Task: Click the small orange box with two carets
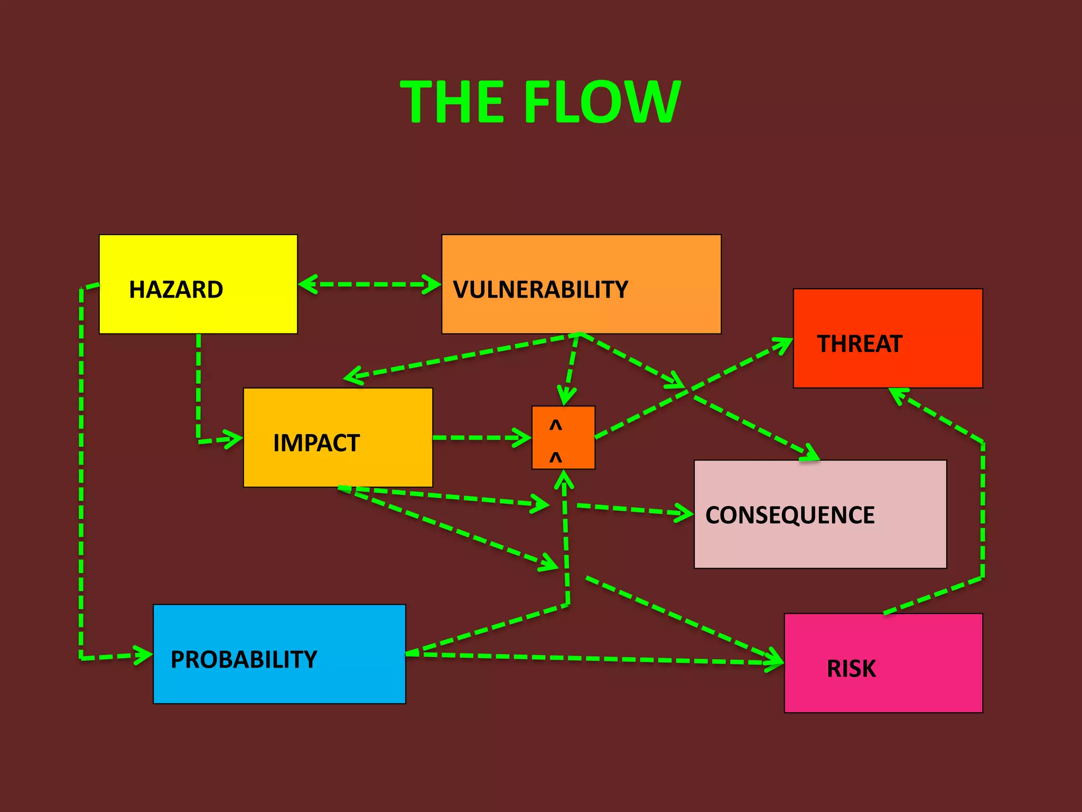click(x=563, y=437)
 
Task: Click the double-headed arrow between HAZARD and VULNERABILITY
click(x=369, y=284)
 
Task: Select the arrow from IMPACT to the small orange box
click(x=481, y=438)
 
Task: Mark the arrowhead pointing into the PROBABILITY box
click(x=144, y=656)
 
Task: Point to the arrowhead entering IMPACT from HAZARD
click(x=235, y=439)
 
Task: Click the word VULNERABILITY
click(x=540, y=290)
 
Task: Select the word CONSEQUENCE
click(x=790, y=515)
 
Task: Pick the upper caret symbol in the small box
click(x=555, y=425)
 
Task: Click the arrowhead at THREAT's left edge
click(x=784, y=344)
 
